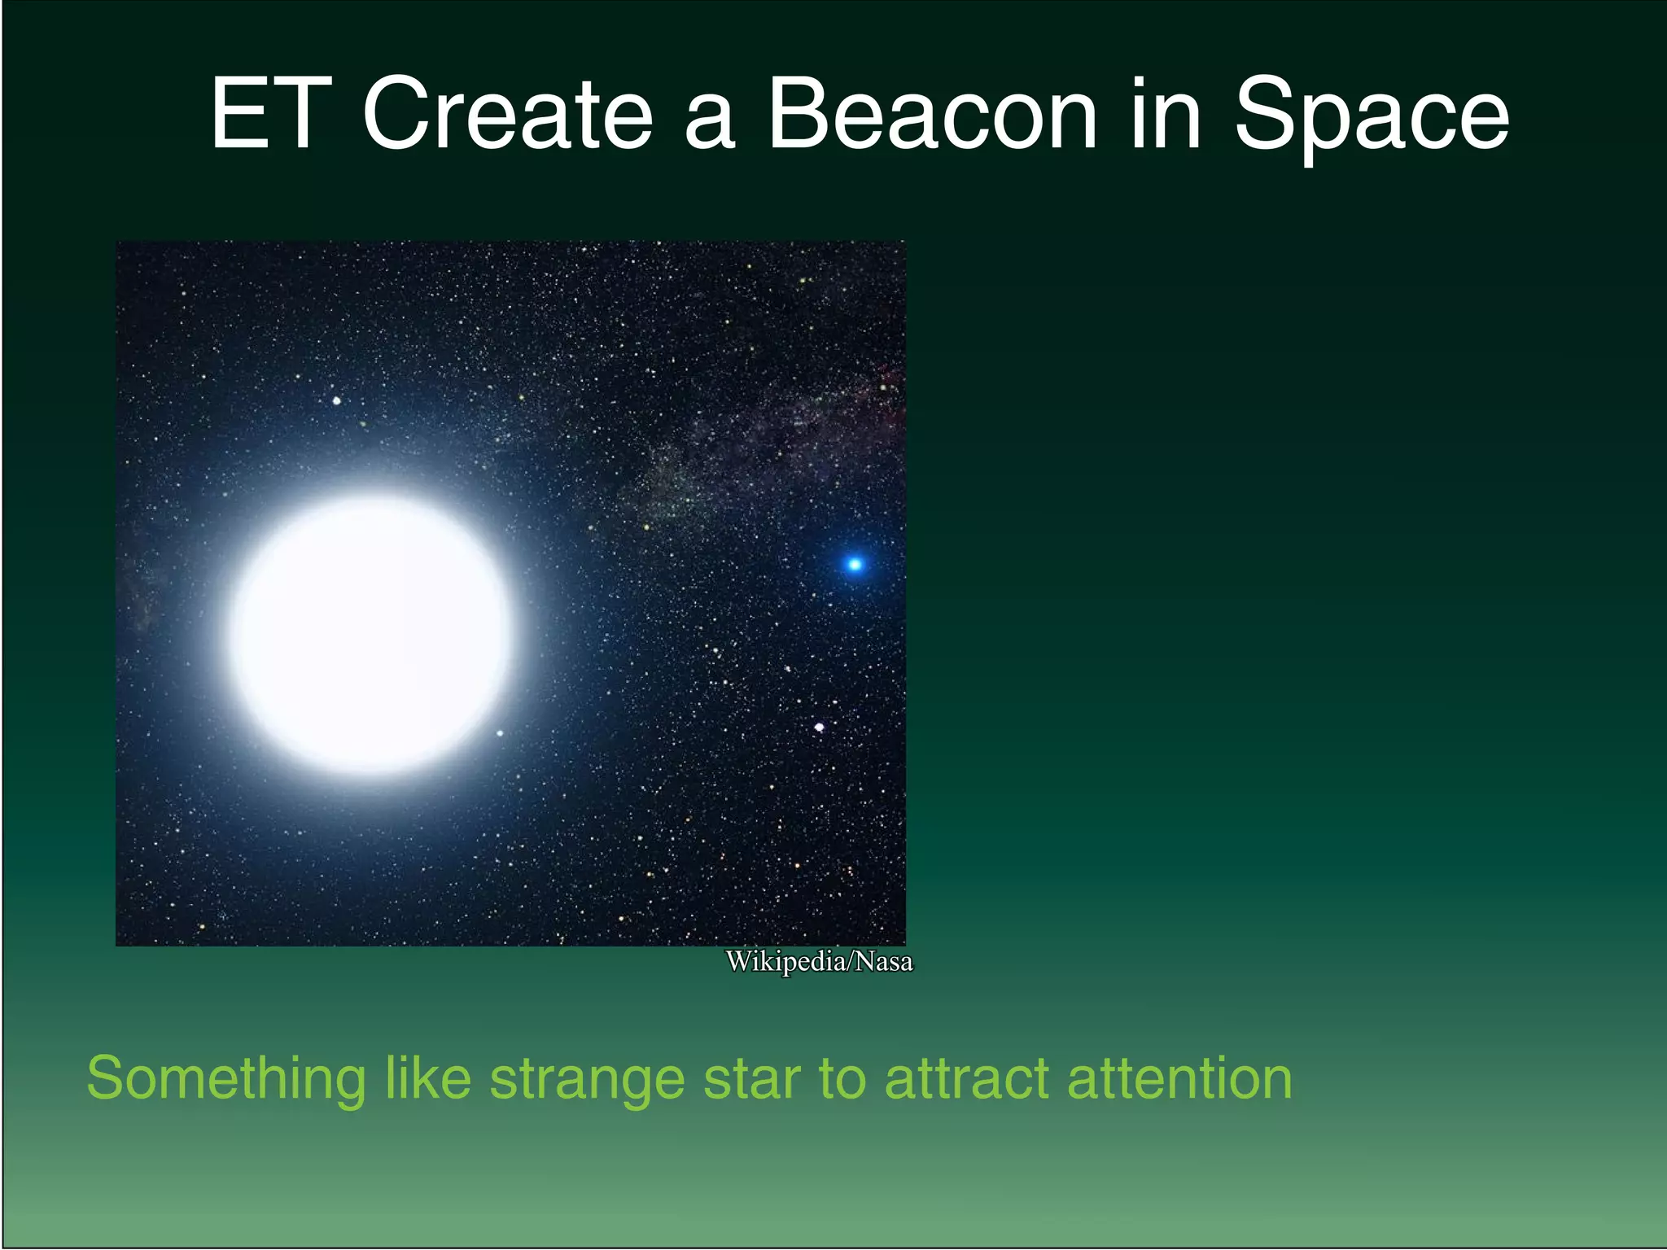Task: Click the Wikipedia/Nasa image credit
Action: (819, 962)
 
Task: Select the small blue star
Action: (855, 564)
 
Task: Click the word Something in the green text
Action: (226, 1079)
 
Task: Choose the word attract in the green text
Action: (967, 1079)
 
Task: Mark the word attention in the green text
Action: (1179, 1079)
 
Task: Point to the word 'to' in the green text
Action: (842, 1079)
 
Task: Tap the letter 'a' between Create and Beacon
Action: (710, 122)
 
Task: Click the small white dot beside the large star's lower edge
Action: (500, 733)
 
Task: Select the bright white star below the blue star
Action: (820, 727)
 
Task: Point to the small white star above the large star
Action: (337, 400)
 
